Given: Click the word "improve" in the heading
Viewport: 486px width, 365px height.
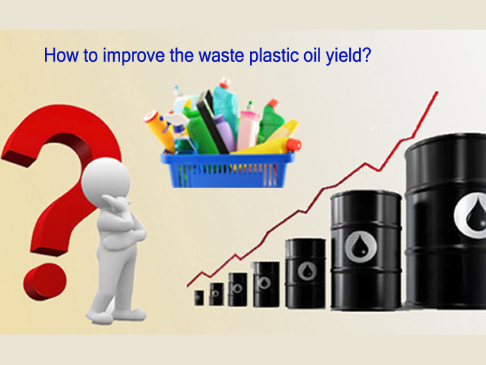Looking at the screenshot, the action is [x=133, y=56].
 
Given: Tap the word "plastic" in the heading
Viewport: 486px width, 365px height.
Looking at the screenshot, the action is [x=272, y=56].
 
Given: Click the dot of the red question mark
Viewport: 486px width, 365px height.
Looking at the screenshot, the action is [x=45, y=281].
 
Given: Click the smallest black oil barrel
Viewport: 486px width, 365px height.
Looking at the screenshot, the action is [x=199, y=298].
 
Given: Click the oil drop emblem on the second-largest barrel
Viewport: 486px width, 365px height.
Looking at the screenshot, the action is [x=360, y=248].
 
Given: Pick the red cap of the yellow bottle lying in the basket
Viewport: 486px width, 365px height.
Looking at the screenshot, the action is [x=294, y=145].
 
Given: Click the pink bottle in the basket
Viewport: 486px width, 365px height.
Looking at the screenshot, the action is [x=248, y=127].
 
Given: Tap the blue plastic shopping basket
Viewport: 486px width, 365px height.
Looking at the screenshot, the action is [x=228, y=170].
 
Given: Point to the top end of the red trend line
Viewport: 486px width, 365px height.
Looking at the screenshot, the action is [x=437, y=92].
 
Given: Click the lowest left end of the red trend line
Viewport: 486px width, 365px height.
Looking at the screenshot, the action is [x=187, y=286].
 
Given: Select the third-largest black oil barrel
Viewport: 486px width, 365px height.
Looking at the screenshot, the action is [x=305, y=273].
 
